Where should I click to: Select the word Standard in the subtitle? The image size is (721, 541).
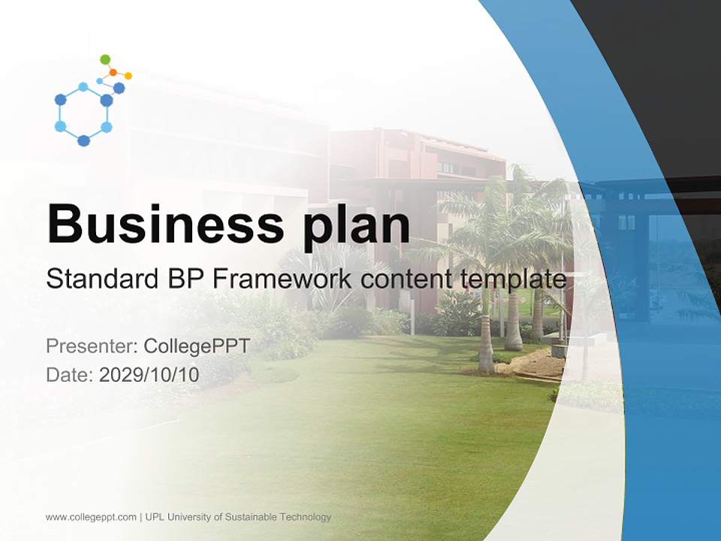pos(102,280)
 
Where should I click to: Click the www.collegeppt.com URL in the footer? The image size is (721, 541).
pos(91,517)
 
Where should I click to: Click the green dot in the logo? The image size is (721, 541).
pos(105,59)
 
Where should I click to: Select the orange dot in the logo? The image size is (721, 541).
pos(113,72)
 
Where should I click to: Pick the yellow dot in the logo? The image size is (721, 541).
pos(128,76)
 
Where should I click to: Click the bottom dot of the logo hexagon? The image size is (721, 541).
pos(83,141)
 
